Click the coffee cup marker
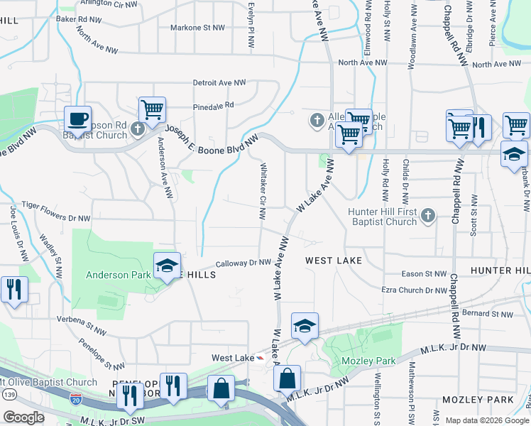77,119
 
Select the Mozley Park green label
368,361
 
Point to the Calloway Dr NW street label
243,262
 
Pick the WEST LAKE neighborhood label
334,261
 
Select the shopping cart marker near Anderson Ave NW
152,110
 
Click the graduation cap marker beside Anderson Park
167,266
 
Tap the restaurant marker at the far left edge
13,289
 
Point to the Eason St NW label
425,273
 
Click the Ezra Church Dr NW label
415,290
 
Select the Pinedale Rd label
214,106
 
